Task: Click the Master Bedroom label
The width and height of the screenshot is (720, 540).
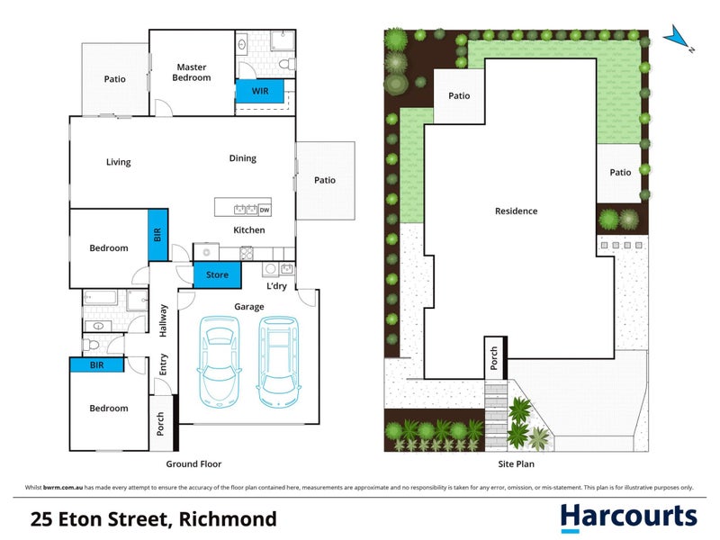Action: (x=192, y=72)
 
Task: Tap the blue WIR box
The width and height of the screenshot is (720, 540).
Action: (x=259, y=91)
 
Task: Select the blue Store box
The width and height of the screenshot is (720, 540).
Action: (x=217, y=274)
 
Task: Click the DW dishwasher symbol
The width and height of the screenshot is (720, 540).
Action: (x=265, y=211)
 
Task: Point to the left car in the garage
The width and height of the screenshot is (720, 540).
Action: (x=221, y=360)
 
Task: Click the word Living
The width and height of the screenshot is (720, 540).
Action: (x=118, y=162)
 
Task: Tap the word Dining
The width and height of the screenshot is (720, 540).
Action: (x=242, y=158)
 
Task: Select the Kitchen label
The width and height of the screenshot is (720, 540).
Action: (x=249, y=230)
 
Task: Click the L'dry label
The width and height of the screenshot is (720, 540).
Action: (x=277, y=286)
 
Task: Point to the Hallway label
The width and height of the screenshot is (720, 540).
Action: (x=163, y=320)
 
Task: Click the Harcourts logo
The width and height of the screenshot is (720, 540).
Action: (x=628, y=517)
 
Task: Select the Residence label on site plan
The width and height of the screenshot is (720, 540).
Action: (x=516, y=211)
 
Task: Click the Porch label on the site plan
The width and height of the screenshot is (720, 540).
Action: (x=492, y=357)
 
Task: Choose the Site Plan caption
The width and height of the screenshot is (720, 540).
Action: (x=517, y=464)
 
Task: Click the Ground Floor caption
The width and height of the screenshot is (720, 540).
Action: (x=193, y=464)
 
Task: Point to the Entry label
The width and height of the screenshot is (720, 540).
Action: (x=163, y=364)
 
